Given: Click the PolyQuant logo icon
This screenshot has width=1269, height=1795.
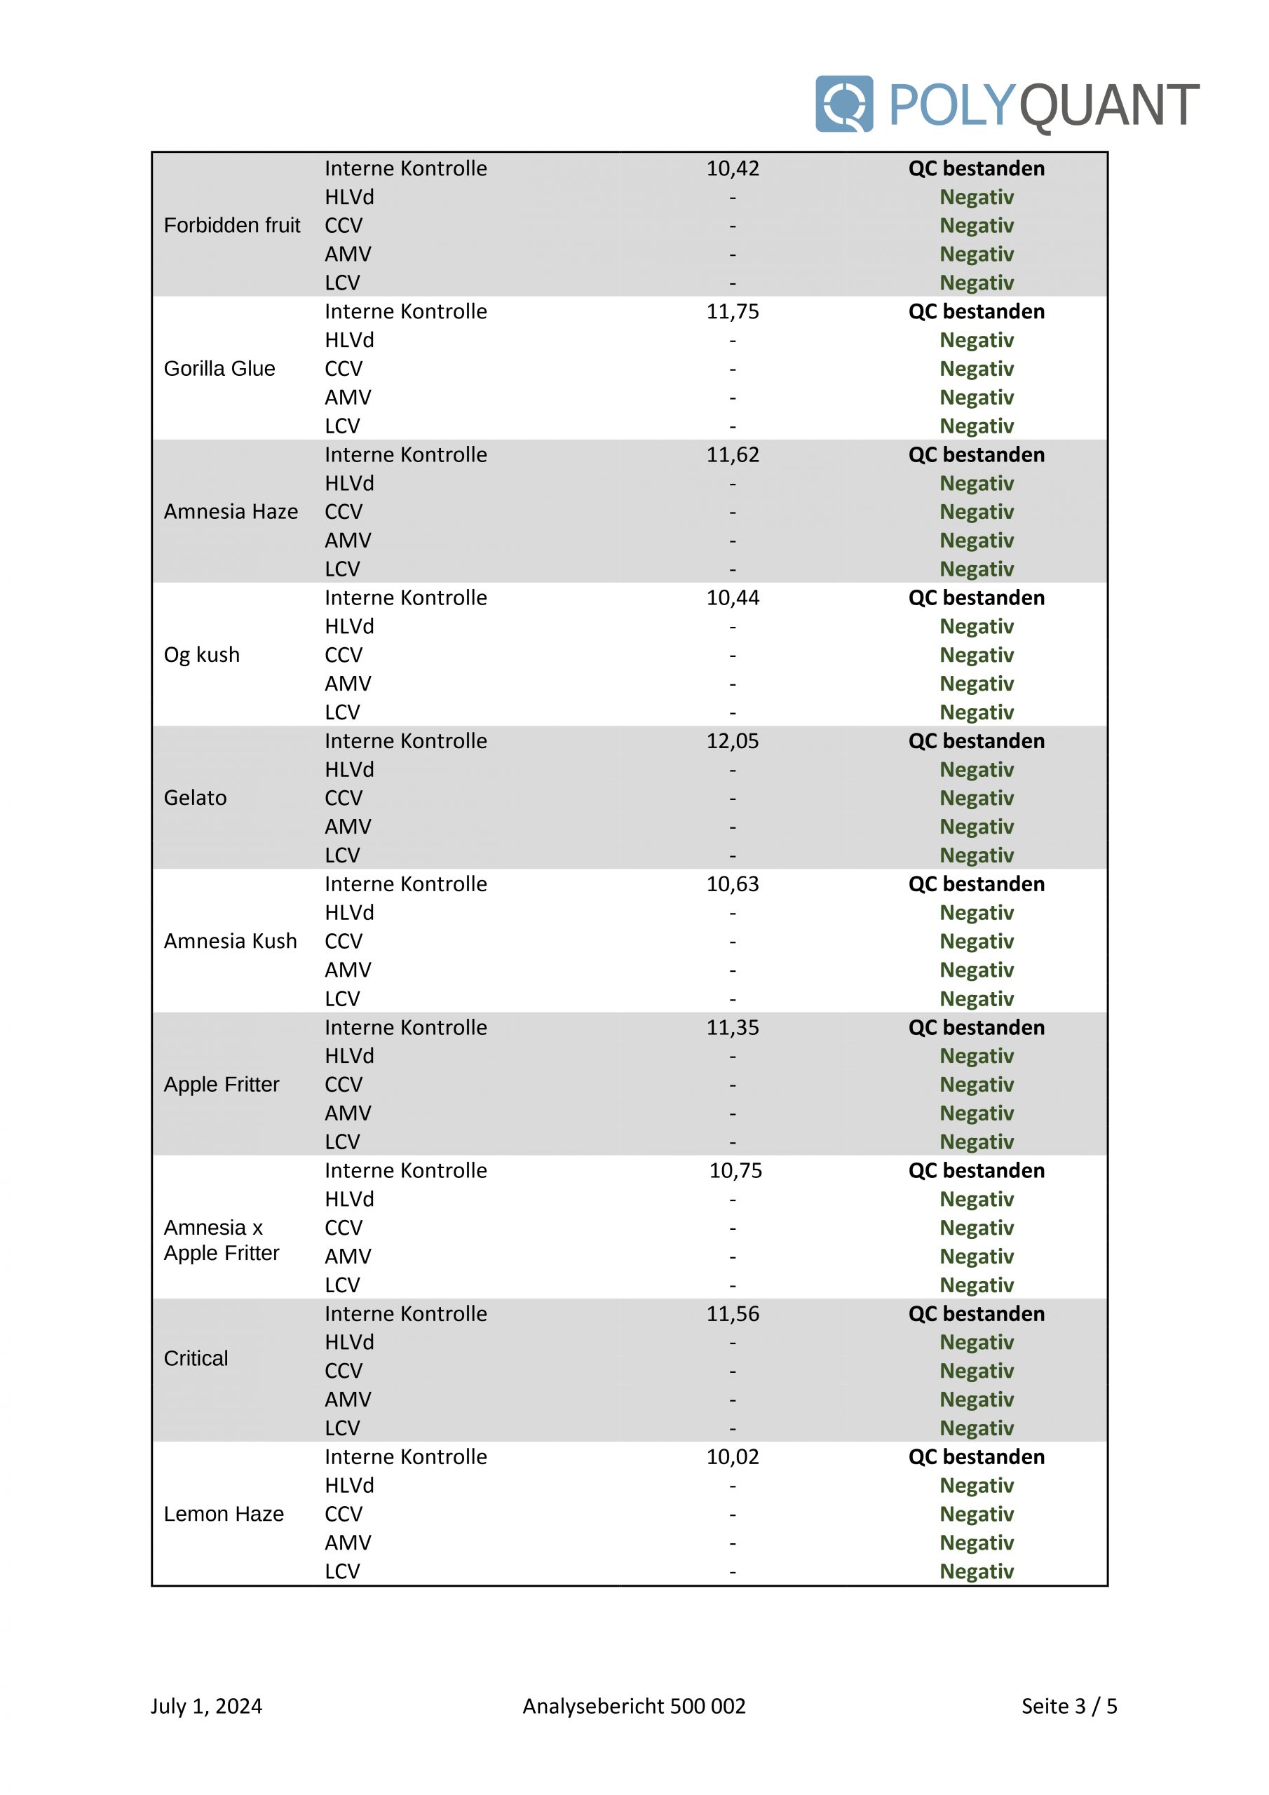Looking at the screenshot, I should coord(843,104).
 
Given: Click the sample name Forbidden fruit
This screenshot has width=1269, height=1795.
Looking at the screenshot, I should coord(231,225).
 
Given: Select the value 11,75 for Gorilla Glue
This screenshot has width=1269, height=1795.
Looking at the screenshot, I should coord(732,311).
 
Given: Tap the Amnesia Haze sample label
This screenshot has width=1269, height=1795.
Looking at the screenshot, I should coord(231,511).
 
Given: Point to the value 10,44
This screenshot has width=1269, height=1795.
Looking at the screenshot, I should coord(732,597).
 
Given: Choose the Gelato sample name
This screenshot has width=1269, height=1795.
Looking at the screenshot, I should coord(195,797).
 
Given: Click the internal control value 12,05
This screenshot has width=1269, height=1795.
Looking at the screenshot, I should coord(732,740).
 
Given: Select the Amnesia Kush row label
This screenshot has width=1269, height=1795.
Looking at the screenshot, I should coord(230,940).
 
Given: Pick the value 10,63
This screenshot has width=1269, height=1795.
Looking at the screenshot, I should coord(732,883).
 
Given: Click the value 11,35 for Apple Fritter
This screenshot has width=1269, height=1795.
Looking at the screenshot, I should coord(732,1027).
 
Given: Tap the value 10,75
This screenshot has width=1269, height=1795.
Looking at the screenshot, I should coord(735,1170).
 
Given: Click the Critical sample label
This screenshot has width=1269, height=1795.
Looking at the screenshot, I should coord(196,1358).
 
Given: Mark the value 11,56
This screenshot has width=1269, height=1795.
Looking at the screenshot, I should coord(732,1313).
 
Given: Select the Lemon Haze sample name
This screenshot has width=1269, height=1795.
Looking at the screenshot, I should coord(224,1514).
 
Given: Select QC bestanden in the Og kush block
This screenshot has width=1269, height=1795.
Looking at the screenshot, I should coord(976,597).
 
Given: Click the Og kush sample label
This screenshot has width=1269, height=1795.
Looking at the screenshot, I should coord(201,654).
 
